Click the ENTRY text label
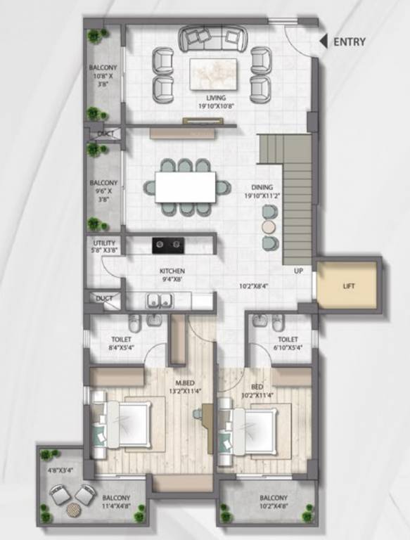tap(349, 41)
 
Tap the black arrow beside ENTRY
tap(323, 41)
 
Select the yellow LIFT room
tap(349, 287)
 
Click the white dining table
tap(185, 187)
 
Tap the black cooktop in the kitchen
tap(168, 245)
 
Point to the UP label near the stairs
tap(298, 271)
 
